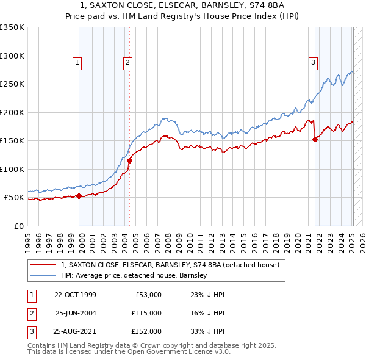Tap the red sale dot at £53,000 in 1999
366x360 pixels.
(79, 196)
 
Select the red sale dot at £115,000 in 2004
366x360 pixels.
(130, 161)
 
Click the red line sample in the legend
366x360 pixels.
(43, 265)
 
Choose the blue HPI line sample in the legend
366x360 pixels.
(43, 275)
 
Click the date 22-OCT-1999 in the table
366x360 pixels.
(74, 295)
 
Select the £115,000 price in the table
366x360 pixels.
(146, 313)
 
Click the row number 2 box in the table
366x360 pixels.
(30, 313)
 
